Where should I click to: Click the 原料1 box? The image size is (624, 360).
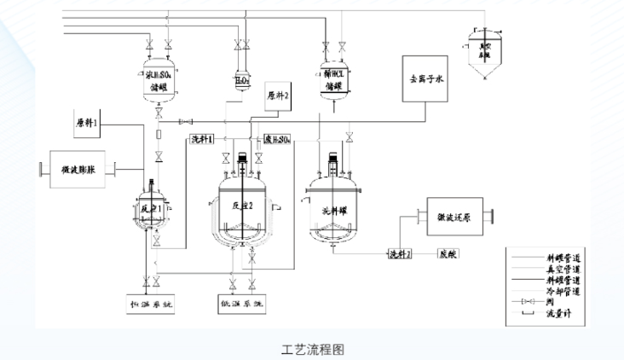pyautogui.click(x=86, y=124)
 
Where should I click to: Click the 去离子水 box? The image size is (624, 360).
pyautogui.click(x=427, y=80)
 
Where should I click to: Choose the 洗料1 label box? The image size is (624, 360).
pyautogui.click(x=202, y=139)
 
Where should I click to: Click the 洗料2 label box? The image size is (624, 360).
pyautogui.click(x=401, y=253)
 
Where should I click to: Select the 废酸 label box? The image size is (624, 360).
pyautogui.click(x=449, y=253)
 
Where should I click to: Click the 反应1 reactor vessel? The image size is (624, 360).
pyautogui.click(x=153, y=211)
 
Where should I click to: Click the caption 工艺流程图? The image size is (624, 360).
pyautogui.click(x=313, y=349)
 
